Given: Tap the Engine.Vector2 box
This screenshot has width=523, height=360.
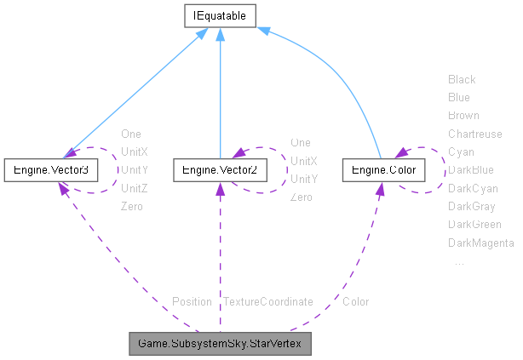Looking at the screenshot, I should [220, 170].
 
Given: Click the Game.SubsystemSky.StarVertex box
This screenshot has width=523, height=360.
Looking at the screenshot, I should [220, 344].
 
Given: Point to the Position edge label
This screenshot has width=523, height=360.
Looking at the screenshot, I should [192, 301].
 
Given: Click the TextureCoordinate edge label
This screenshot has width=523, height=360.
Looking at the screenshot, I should [267, 301].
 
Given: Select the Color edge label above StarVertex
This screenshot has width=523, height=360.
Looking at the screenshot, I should [355, 301].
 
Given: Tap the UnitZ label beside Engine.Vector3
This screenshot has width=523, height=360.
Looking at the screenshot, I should [134, 188].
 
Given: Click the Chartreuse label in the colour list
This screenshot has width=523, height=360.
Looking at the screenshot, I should [474, 134].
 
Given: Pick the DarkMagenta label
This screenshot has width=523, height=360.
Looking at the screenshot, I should [480, 243].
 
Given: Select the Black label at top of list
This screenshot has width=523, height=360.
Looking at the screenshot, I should [462, 79].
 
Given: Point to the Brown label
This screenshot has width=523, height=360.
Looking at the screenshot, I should [463, 115].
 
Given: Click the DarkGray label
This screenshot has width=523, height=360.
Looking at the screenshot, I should [471, 206].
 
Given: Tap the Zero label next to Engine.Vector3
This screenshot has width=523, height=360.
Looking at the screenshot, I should [132, 206].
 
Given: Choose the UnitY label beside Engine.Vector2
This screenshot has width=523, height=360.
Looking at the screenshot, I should [303, 179].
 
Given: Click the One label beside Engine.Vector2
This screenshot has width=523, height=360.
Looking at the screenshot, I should [301, 142].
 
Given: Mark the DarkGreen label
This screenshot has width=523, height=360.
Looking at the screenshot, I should [474, 225].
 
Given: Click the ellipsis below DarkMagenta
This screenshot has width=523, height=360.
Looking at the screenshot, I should [459, 262].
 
